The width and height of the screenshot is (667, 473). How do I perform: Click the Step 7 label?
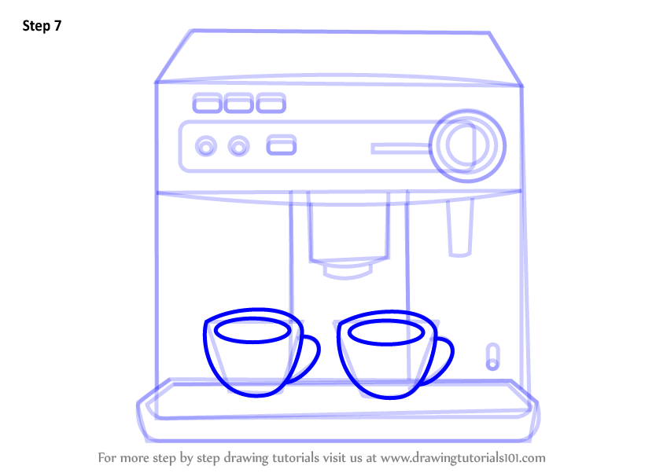click(x=42, y=26)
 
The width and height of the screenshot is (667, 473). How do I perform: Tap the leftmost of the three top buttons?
click(x=207, y=103)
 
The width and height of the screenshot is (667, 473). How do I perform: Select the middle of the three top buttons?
click(x=238, y=103)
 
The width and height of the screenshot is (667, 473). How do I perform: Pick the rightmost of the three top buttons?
click(x=270, y=103)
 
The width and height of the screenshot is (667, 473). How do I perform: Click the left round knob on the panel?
click(x=206, y=146)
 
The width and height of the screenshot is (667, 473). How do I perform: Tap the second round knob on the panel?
click(x=238, y=146)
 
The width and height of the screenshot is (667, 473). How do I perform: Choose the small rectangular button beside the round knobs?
click(x=282, y=145)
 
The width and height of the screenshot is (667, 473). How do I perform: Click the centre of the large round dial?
click(x=467, y=145)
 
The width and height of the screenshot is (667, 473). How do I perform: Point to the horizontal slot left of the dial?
click(x=400, y=148)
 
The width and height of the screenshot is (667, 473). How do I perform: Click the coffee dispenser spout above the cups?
click(x=348, y=269)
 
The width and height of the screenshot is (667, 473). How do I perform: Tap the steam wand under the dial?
click(x=459, y=228)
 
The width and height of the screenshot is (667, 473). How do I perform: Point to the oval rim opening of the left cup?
click(x=252, y=332)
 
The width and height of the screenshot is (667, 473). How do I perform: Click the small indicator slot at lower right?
click(x=493, y=355)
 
